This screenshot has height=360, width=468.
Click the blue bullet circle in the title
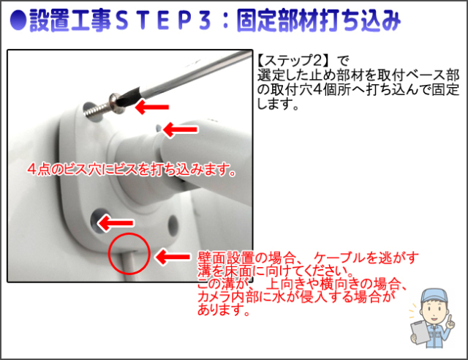click(x=18, y=20)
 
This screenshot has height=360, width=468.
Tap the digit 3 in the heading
click(x=205, y=21)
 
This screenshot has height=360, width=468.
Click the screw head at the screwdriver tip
click(x=117, y=103)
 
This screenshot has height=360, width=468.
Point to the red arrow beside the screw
click(x=152, y=107)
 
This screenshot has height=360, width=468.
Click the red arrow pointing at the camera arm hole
click(x=180, y=130)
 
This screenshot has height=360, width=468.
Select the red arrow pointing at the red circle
click(x=173, y=256)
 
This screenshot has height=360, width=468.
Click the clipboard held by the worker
click(x=420, y=332)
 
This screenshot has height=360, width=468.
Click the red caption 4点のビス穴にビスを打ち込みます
click(x=132, y=170)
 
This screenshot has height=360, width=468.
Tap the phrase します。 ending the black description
click(x=278, y=104)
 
